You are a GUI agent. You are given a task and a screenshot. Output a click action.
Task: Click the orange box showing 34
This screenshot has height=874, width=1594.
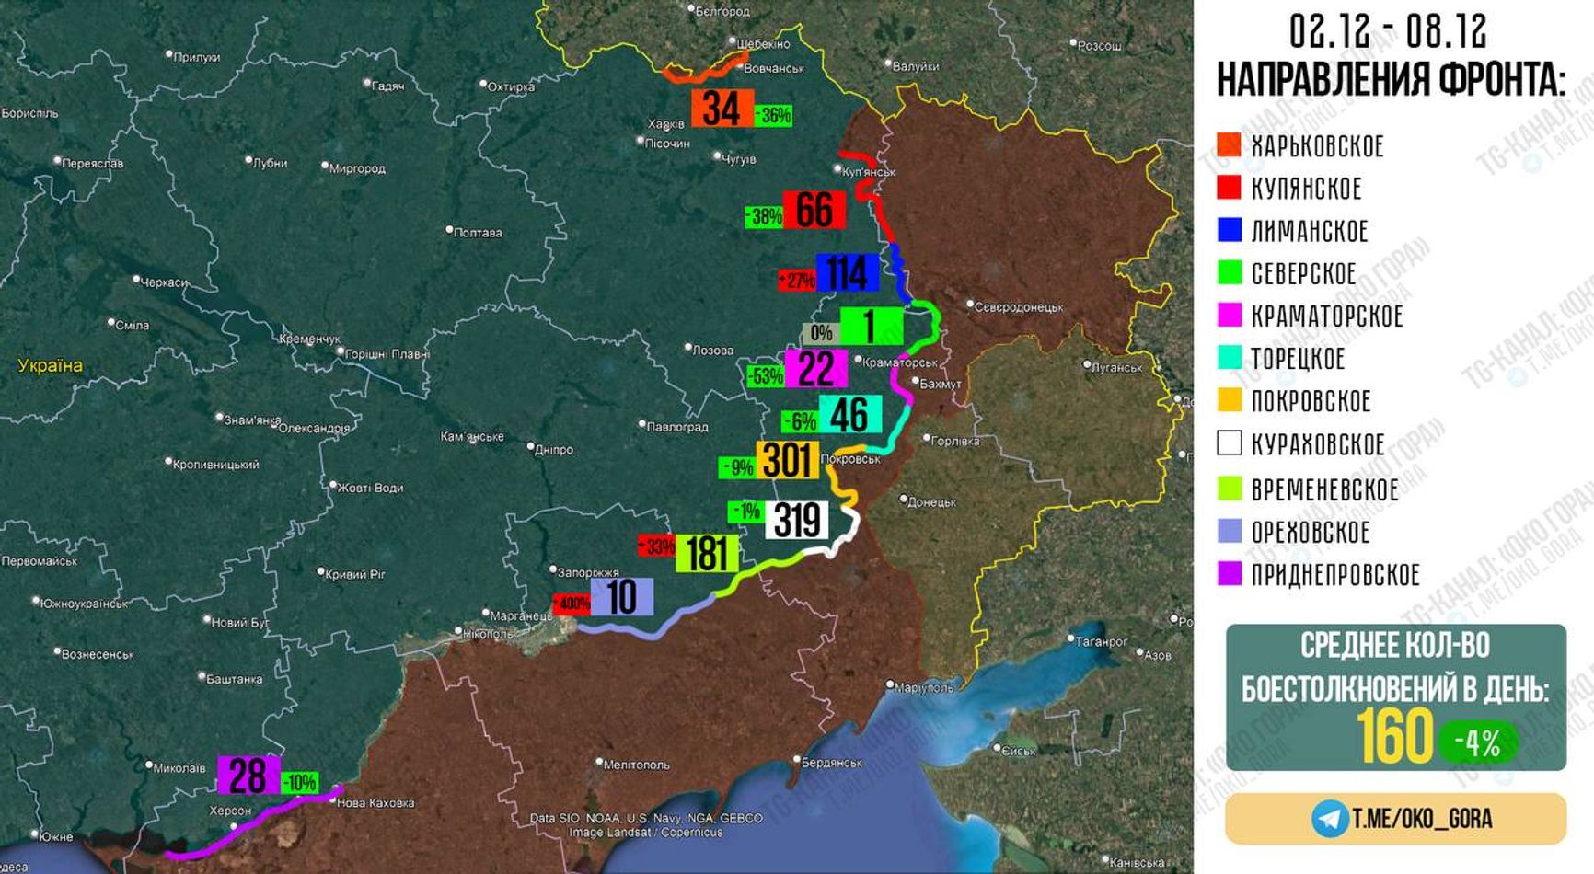[722, 109]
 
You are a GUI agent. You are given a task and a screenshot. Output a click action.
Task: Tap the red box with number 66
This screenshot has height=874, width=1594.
[814, 210]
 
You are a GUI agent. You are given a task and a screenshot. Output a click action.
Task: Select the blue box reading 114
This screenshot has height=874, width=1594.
[847, 272]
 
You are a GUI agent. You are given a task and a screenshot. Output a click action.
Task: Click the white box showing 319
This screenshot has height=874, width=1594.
[797, 521]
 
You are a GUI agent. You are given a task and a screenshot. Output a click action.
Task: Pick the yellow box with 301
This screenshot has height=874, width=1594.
[788, 460]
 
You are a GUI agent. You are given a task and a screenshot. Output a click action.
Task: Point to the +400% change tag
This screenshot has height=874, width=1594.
[572, 604]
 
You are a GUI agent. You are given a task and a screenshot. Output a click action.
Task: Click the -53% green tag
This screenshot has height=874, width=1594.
[765, 375]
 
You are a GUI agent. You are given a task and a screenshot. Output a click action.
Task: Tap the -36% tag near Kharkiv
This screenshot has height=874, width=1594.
[773, 116]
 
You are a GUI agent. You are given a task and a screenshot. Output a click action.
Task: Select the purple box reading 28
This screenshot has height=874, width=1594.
[248, 776]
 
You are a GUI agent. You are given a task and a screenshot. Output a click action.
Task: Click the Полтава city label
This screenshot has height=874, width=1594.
[477, 233]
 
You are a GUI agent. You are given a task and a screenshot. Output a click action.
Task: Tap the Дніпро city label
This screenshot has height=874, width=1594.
[553, 450]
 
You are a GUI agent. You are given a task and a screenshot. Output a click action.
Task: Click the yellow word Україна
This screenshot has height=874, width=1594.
[50, 365]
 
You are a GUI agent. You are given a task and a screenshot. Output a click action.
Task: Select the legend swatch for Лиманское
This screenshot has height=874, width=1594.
[1230, 230]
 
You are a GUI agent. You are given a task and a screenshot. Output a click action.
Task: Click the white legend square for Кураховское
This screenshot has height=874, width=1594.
[1230, 443]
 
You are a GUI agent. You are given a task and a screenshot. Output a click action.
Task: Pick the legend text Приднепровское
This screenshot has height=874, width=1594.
[1335, 575]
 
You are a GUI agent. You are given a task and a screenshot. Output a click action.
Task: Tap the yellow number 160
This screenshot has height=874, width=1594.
[1394, 736]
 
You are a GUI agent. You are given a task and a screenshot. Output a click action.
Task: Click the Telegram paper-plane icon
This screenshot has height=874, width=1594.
[1330, 818]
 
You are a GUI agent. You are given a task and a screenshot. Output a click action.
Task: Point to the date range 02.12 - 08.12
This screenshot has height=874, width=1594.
[1388, 32]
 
